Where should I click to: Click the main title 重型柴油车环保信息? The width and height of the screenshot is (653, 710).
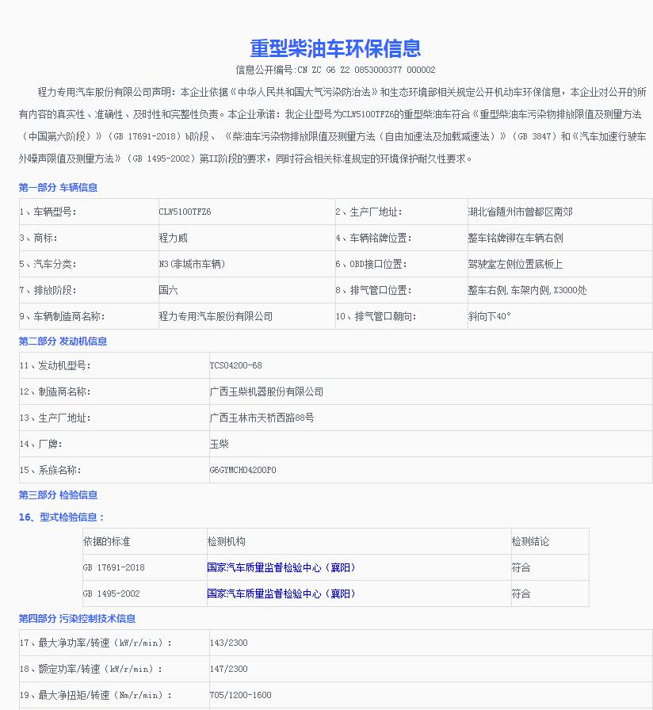pos(336,48)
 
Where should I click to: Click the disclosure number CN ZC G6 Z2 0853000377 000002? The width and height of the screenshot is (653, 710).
pos(336,70)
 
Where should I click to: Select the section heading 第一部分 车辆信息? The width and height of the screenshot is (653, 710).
pos(58,188)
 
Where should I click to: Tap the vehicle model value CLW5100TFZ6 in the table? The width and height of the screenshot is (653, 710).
pos(185,212)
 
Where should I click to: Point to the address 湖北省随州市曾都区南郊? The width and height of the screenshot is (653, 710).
pos(520,212)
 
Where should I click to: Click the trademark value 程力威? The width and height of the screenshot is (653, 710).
pos(173,239)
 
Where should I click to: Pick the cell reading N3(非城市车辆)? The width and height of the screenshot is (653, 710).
pos(192,265)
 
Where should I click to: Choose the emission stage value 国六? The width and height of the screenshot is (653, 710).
pos(168,291)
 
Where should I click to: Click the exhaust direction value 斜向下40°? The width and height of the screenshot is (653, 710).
pos(489,317)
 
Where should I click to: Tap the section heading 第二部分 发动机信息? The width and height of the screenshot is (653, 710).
pos(63,342)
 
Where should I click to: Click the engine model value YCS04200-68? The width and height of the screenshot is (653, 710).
pos(235,366)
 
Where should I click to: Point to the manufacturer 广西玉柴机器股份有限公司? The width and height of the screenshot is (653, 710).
pos(266,392)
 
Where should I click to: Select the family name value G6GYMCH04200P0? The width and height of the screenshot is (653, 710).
pos(242,471)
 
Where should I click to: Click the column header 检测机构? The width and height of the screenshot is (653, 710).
pos(227,542)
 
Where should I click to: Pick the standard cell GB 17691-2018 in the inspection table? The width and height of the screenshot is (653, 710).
pos(113,568)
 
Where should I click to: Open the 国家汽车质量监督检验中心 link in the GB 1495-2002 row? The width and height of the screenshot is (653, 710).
pos(281,594)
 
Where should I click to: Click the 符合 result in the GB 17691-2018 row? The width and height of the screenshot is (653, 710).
pos(521,568)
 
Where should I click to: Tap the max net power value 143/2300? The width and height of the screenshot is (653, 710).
pos(228,643)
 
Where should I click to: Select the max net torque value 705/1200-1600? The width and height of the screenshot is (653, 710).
pos(240,696)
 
